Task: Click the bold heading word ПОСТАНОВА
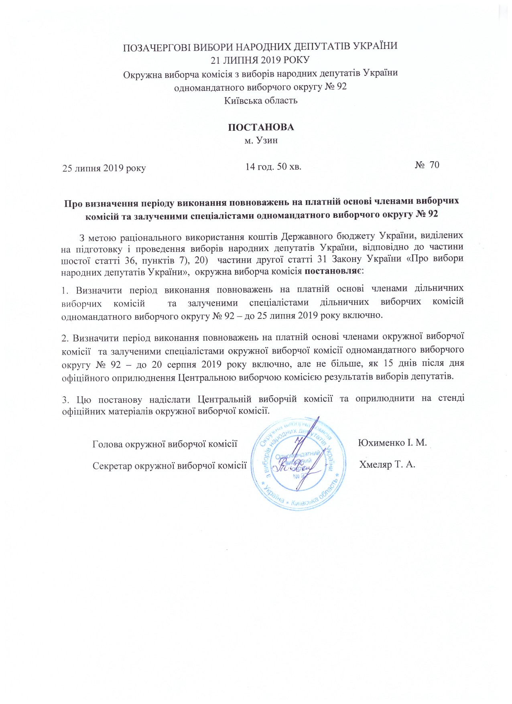tap(261, 128)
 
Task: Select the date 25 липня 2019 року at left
tap(104, 168)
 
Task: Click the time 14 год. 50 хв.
tap(273, 166)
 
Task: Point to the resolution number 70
tap(434, 165)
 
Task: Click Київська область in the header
tap(261, 100)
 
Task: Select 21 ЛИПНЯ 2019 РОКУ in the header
tap(260, 60)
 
